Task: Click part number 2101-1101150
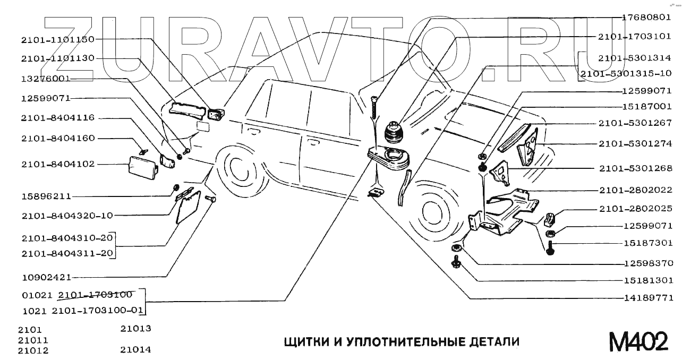click(x=58, y=39)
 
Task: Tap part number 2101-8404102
click(x=58, y=164)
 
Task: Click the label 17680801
click(x=647, y=17)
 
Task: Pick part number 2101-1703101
click(x=635, y=37)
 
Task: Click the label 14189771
click(x=647, y=297)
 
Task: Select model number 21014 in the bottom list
click(x=135, y=350)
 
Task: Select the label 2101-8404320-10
click(x=67, y=216)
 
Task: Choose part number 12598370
click(x=647, y=263)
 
